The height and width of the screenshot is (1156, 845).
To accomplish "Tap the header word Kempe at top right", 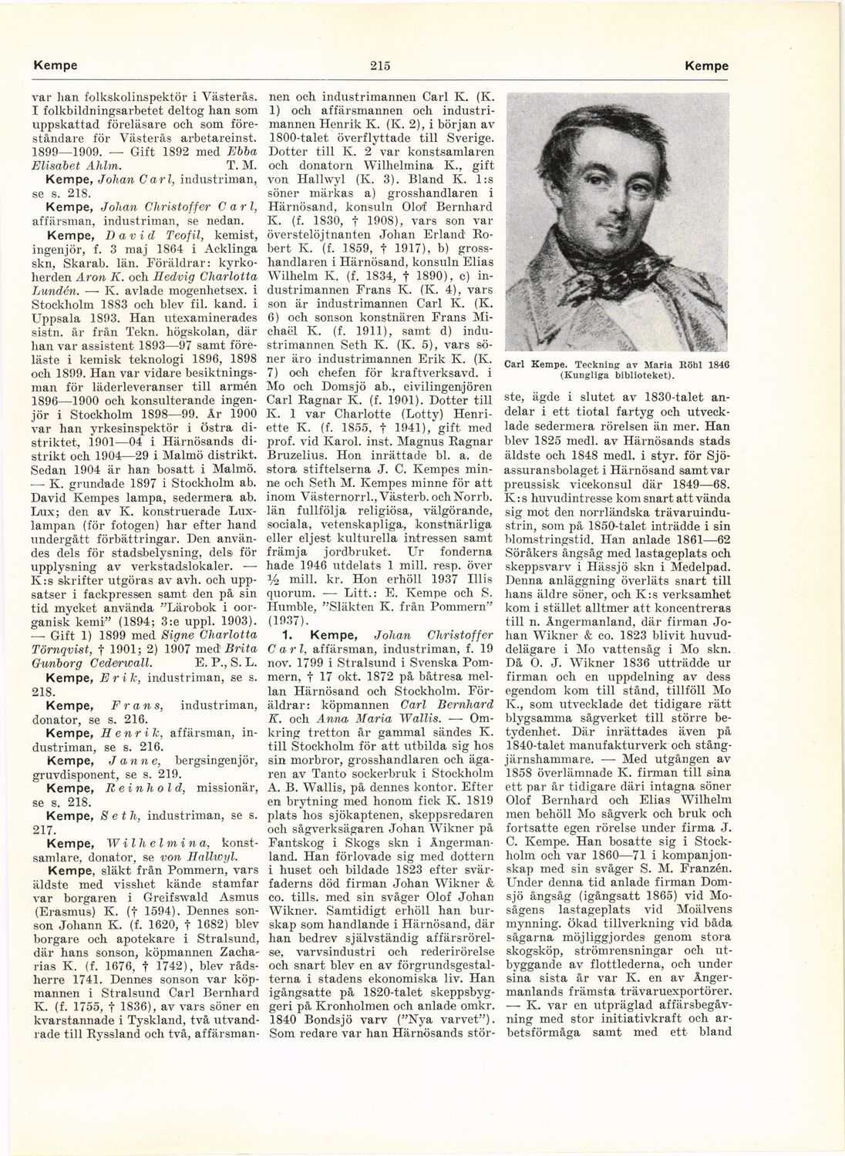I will [706, 66].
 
